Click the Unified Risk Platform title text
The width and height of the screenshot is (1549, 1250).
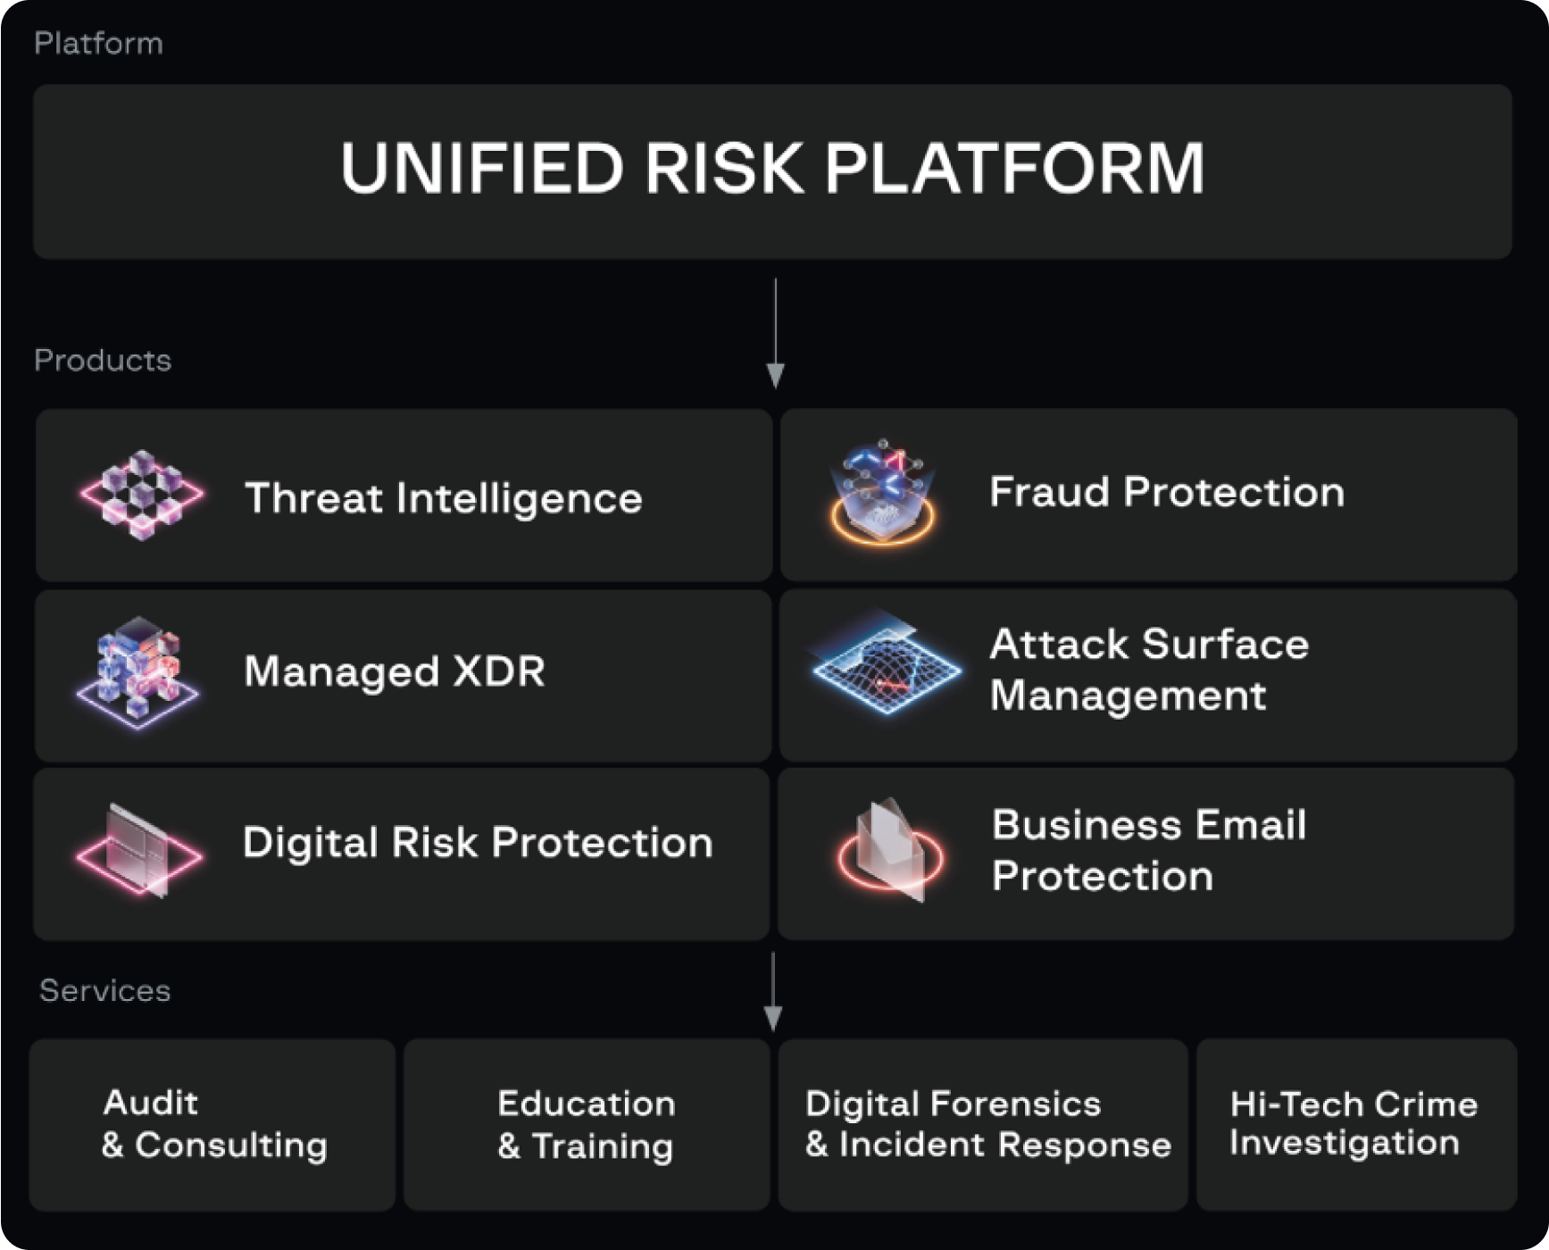click(x=772, y=168)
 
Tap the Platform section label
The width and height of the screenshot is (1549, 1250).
click(x=98, y=44)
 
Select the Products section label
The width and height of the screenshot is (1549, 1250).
click(x=103, y=360)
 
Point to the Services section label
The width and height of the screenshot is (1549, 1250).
click(x=104, y=990)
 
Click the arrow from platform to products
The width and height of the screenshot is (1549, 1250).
click(x=775, y=333)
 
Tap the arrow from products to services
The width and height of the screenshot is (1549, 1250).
click(x=773, y=991)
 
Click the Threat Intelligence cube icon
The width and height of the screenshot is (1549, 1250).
click(x=141, y=495)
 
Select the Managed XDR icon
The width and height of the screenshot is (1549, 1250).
click(x=138, y=671)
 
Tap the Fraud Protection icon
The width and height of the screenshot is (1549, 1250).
click(x=882, y=491)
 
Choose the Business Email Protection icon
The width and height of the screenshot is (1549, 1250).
click(x=890, y=850)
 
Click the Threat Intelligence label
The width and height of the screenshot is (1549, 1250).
click(x=444, y=498)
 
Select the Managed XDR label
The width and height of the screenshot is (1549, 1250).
click(x=395, y=671)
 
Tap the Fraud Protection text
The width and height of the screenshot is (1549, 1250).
click(x=1167, y=492)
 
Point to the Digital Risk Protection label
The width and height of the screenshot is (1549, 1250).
click(x=478, y=843)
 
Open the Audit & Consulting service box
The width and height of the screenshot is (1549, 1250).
click(x=212, y=1124)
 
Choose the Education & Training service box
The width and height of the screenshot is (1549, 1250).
click(x=587, y=1124)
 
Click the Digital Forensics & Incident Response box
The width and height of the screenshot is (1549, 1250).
click(x=983, y=1124)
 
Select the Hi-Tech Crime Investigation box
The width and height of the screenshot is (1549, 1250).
click(x=1357, y=1124)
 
